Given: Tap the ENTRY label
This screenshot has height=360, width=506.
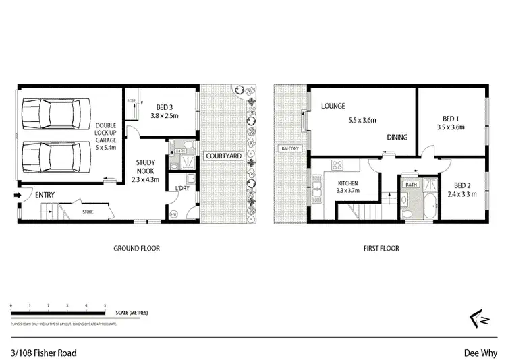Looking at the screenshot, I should click(x=43, y=196).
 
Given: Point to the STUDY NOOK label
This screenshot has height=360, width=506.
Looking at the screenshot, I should click(x=146, y=167).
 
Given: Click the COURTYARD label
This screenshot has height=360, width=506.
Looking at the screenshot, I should click(x=223, y=156).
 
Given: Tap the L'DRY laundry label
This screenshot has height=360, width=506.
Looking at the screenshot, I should click(x=183, y=187).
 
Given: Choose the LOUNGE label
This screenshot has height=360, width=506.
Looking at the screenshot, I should click(x=333, y=106).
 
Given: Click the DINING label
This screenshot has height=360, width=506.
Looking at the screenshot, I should click(x=397, y=138).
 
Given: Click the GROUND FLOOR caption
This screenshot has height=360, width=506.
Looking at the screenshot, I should click(x=136, y=249).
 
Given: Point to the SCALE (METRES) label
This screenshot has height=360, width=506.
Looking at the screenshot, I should click(x=132, y=313).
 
